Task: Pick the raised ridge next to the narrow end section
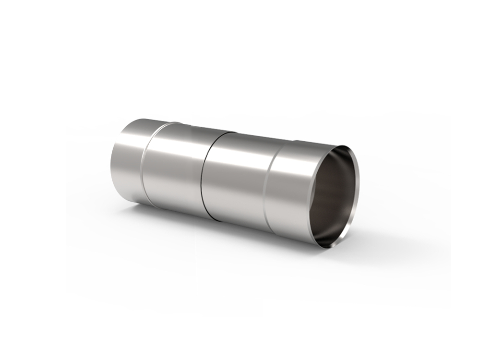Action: tap(147, 163)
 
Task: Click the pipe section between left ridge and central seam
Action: tap(175, 168)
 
